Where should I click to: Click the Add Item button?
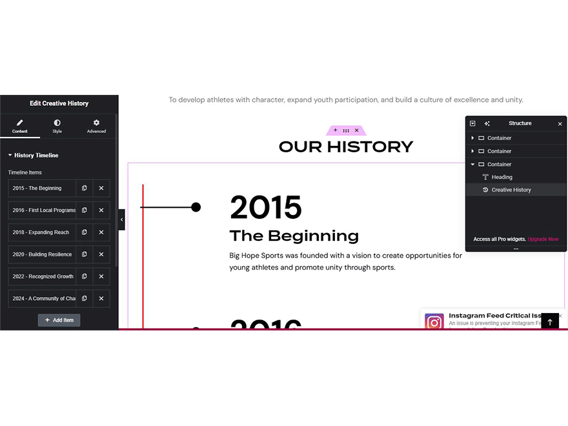pyautogui.click(x=59, y=320)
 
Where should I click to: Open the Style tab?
pyautogui.click(x=57, y=126)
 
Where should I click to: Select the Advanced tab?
pyautogui.click(x=96, y=126)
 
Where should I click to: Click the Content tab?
pyautogui.click(x=19, y=126)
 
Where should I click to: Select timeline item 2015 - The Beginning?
pyautogui.click(x=42, y=188)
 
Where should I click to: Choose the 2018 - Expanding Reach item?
pyautogui.click(x=42, y=232)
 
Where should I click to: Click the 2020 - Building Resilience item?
pyautogui.click(x=42, y=254)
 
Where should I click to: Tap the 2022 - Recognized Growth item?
pyautogui.click(x=42, y=276)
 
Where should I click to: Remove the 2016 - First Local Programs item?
pyautogui.click(x=101, y=210)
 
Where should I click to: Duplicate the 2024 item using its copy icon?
pyautogui.click(x=85, y=298)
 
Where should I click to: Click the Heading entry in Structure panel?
pyautogui.click(x=502, y=177)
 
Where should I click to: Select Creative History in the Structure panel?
pyautogui.click(x=511, y=190)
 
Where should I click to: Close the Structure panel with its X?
pyautogui.click(x=560, y=124)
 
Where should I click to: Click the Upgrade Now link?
pyautogui.click(x=543, y=239)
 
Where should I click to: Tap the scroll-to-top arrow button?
pyautogui.click(x=550, y=321)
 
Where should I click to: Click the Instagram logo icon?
pyautogui.click(x=434, y=321)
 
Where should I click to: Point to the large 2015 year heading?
pyautogui.click(x=265, y=208)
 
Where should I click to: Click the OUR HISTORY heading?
pyautogui.click(x=345, y=147)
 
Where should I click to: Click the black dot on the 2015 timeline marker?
pyautogui.click(x=196, y=207)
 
